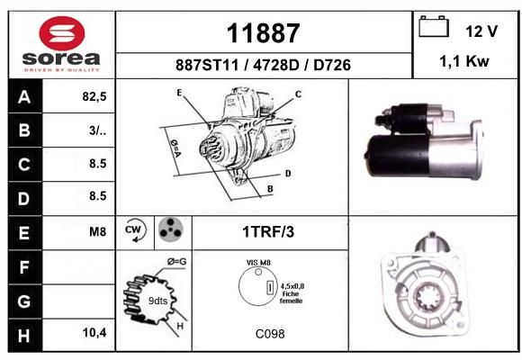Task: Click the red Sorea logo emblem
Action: tap(62, 33)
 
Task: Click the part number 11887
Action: tap(264, 33)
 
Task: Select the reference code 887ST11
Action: tap(207, 65)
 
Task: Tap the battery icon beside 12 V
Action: tap(434, 26)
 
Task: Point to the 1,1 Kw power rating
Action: tap(464, 61)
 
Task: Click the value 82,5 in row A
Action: tap(94, 96)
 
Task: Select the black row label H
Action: tap(24, 335)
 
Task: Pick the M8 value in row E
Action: tap(97, 231)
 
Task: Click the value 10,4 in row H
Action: tap(94, 332)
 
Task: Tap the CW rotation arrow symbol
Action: tap(135, 229)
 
